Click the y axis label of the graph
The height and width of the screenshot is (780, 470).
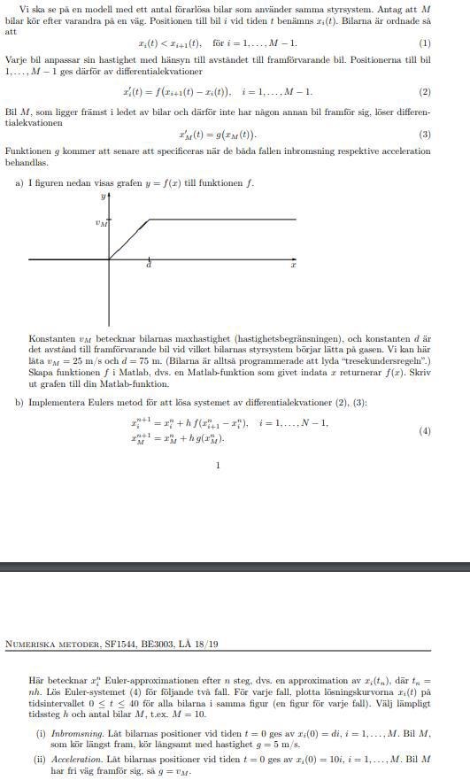pos(103,196)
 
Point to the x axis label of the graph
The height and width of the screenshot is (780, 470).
pos(292,266)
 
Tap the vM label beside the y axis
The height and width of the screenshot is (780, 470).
pos(101,223)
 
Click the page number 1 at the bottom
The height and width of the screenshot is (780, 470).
pos(218,465)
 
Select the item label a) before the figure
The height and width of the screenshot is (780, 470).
pos(19,183)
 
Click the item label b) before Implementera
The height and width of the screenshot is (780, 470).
pos(19,403)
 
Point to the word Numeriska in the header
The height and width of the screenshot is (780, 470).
pos(27,644)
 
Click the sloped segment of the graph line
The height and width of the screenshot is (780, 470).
pos(129,238)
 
